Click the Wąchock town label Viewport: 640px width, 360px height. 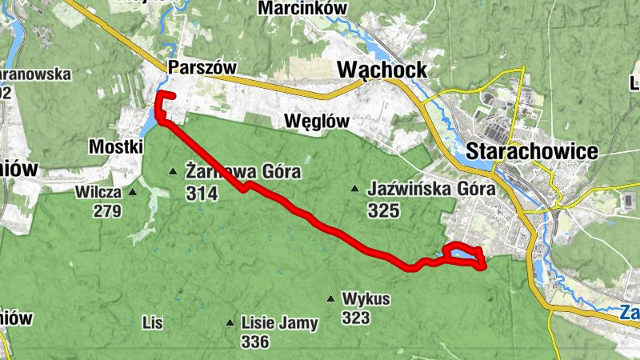click(382, 70)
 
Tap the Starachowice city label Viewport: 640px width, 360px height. click(532, 151)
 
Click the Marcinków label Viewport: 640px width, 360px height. click(302, 8)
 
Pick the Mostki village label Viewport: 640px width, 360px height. click(116, 146)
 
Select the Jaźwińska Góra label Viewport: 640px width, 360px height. click(432, 190)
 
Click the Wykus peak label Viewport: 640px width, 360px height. click(366, 299)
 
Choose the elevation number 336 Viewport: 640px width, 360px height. click(255, 342)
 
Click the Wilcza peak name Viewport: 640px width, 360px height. click(98, 192)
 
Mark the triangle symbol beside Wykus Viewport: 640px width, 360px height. click(330, 299)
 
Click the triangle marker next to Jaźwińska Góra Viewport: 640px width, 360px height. click(354, 190)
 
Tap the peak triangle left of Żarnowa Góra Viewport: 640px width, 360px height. click(172, 171)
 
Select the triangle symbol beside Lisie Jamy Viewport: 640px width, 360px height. click(230, 323)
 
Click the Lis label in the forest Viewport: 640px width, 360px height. click(152, 323)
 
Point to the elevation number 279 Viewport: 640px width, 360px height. click(107, 211)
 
